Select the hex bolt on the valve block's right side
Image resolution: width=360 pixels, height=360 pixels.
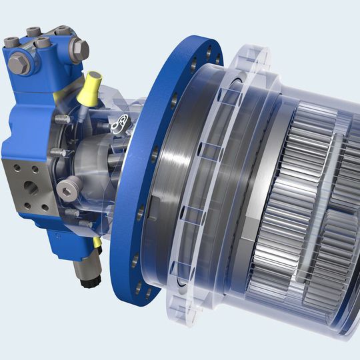79,48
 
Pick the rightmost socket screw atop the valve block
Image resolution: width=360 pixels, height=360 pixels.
61,31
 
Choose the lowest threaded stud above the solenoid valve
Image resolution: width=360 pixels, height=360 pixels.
71,213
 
